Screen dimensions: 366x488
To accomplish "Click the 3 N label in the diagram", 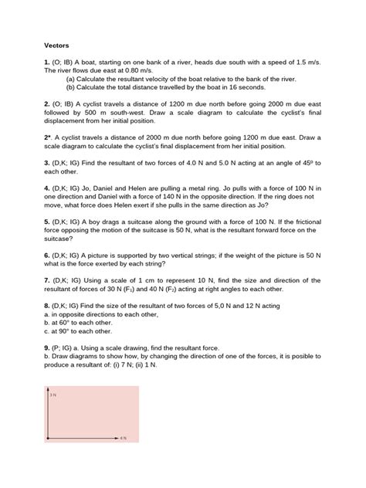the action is [54, 395].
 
